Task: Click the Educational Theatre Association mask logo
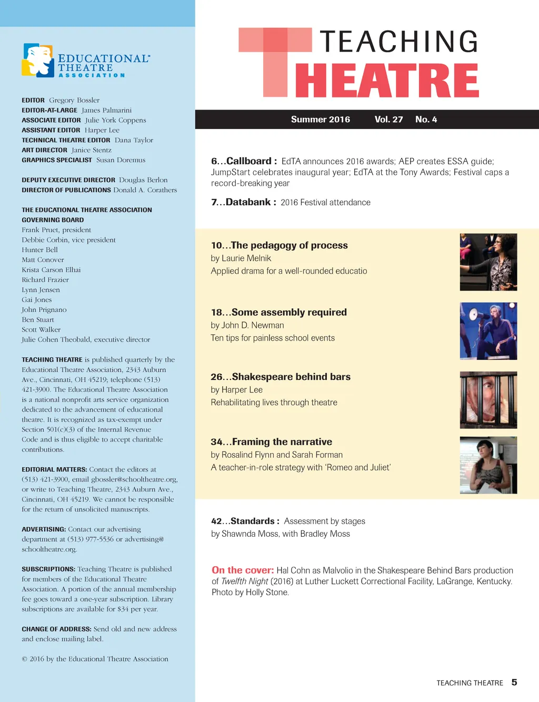coord(38,61)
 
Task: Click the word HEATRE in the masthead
coord(387,81)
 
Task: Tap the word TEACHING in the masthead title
coord(399,42)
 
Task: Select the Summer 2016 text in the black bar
coord(320,119)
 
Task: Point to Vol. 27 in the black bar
coord(388,119)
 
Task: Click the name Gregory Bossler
coord(74,100)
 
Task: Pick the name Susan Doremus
coord(121,160)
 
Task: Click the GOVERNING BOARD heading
coord(53,220)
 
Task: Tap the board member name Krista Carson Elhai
coord(51,270)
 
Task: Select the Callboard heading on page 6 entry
coord(248,161)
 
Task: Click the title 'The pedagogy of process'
coord(289,245)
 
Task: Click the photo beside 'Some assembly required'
coord(488,331)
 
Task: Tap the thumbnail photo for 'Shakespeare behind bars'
coord(488,400)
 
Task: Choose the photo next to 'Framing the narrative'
coord(488,465)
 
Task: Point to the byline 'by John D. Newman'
coord(247,325)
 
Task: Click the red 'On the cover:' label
coord(243,570)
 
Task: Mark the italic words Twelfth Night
coord(245,581)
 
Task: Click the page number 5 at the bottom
coord(514,682)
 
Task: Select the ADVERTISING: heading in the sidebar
coord(44,529)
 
